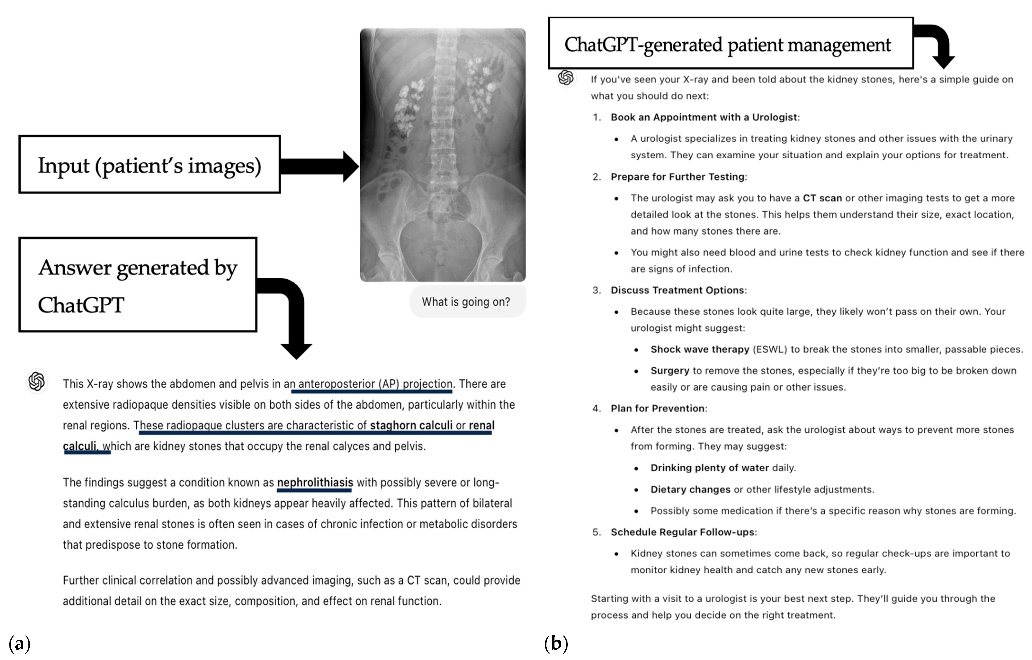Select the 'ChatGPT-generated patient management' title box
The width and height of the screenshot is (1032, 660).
click(x=730, y=44)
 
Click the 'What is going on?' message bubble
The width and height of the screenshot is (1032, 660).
click(x=467, y=302)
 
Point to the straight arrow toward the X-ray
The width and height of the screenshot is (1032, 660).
click(x=319, y=166)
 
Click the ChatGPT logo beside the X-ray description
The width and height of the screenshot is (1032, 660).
click(x=37, y=381)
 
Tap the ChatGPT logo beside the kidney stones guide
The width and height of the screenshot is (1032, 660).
click(x=566, y=78)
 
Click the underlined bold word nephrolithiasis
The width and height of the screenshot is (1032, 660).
click(x=315, y=482)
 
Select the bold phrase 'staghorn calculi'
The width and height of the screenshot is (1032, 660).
click(x=411, y=426)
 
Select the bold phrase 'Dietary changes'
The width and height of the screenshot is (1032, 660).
click(x=690, y=489)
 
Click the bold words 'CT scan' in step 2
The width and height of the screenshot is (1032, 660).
click(x=822, y=198)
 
